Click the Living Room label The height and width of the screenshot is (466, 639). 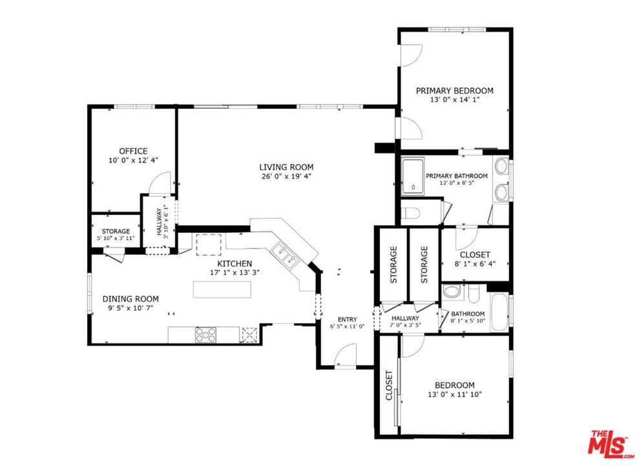(x=286, y=167)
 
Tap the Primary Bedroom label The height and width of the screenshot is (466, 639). (x=454, y=91)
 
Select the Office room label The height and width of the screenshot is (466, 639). (x=133, y=151)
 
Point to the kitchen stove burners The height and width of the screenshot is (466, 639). (x=205, y=335)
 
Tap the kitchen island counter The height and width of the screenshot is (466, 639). (x=222, y=289)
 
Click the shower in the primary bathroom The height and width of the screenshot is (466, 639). (x=413, y=176)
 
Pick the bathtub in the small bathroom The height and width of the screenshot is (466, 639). (x=499, y=311)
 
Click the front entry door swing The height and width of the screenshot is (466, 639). (x=346, y=355)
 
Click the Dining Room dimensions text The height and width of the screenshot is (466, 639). (x=131, y=309)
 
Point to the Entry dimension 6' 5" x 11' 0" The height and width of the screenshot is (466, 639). (x=347, y=326)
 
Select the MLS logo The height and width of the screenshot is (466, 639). (x=610, y=444)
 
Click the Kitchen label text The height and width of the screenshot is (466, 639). (x=235, y=263)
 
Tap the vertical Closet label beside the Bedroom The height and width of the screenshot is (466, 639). (x=389, y=385)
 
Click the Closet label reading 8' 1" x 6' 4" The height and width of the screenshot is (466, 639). (x=475, y=264)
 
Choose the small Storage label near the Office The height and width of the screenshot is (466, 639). (x=116, y=231)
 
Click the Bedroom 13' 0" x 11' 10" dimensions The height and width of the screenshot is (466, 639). (x=455, y=395)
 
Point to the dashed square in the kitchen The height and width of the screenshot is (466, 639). (x=209, y=245)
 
